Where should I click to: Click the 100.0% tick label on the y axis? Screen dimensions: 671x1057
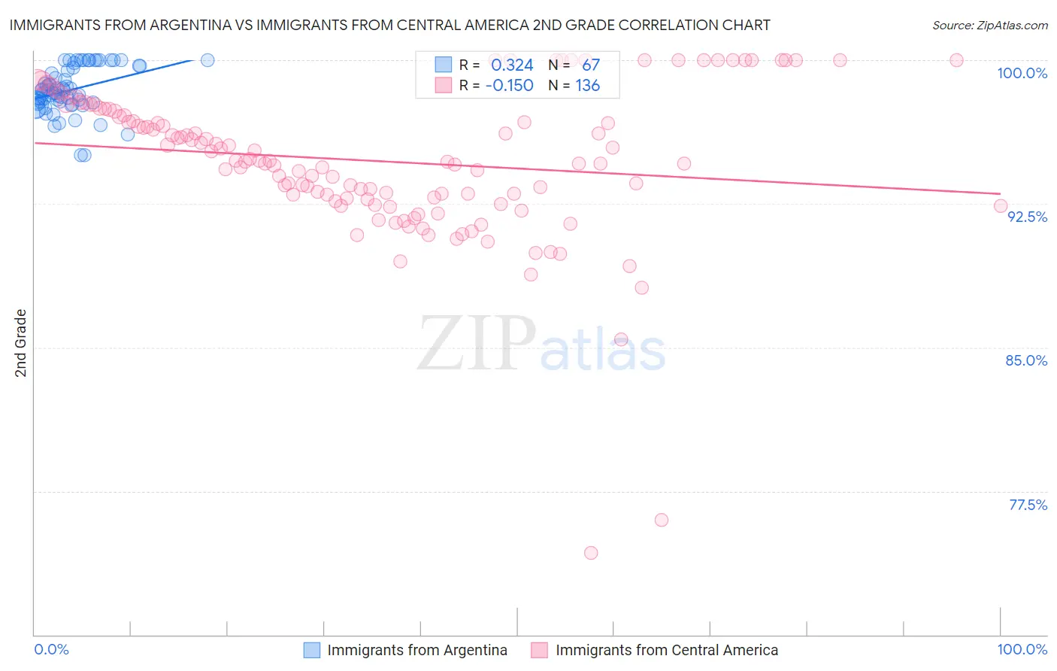click(1022, 73)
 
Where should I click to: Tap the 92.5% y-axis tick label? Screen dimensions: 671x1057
click(1027, 217)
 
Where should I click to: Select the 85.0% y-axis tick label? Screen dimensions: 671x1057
click(1026, 360)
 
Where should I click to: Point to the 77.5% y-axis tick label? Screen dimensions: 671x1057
click(1028, 505)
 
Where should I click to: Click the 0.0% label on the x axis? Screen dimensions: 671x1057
click(51, 649)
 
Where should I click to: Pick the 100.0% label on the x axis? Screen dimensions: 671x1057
click(1022, 649)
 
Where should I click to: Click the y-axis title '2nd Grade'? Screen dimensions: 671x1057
click(21, 343)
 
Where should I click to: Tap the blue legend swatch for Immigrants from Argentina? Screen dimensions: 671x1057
click(312, 650)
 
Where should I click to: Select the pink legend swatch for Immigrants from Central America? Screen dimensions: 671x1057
click(540, 650)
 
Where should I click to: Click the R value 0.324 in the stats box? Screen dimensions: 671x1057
click(512, 65)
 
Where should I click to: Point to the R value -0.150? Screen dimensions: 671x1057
click(509, 86)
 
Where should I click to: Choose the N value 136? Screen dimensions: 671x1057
click(588, 86)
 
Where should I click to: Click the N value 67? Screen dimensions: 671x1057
click(591, 65)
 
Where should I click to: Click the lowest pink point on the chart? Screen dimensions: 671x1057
click(591, 553)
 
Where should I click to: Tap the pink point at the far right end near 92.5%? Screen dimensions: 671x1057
click(1001, 206)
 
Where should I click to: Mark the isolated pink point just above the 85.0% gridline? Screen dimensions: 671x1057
click(621, 339)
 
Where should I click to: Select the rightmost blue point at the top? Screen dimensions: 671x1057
click(207, 60)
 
